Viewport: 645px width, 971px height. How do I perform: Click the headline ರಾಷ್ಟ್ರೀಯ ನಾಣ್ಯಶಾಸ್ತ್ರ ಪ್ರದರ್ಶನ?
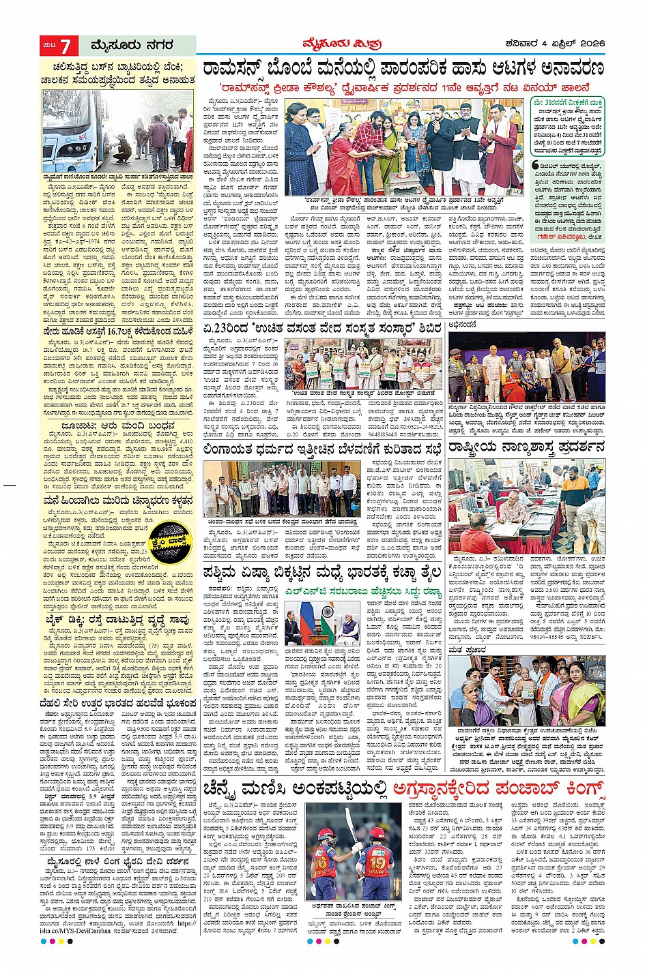pyautogui.click(x=526, y=448)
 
